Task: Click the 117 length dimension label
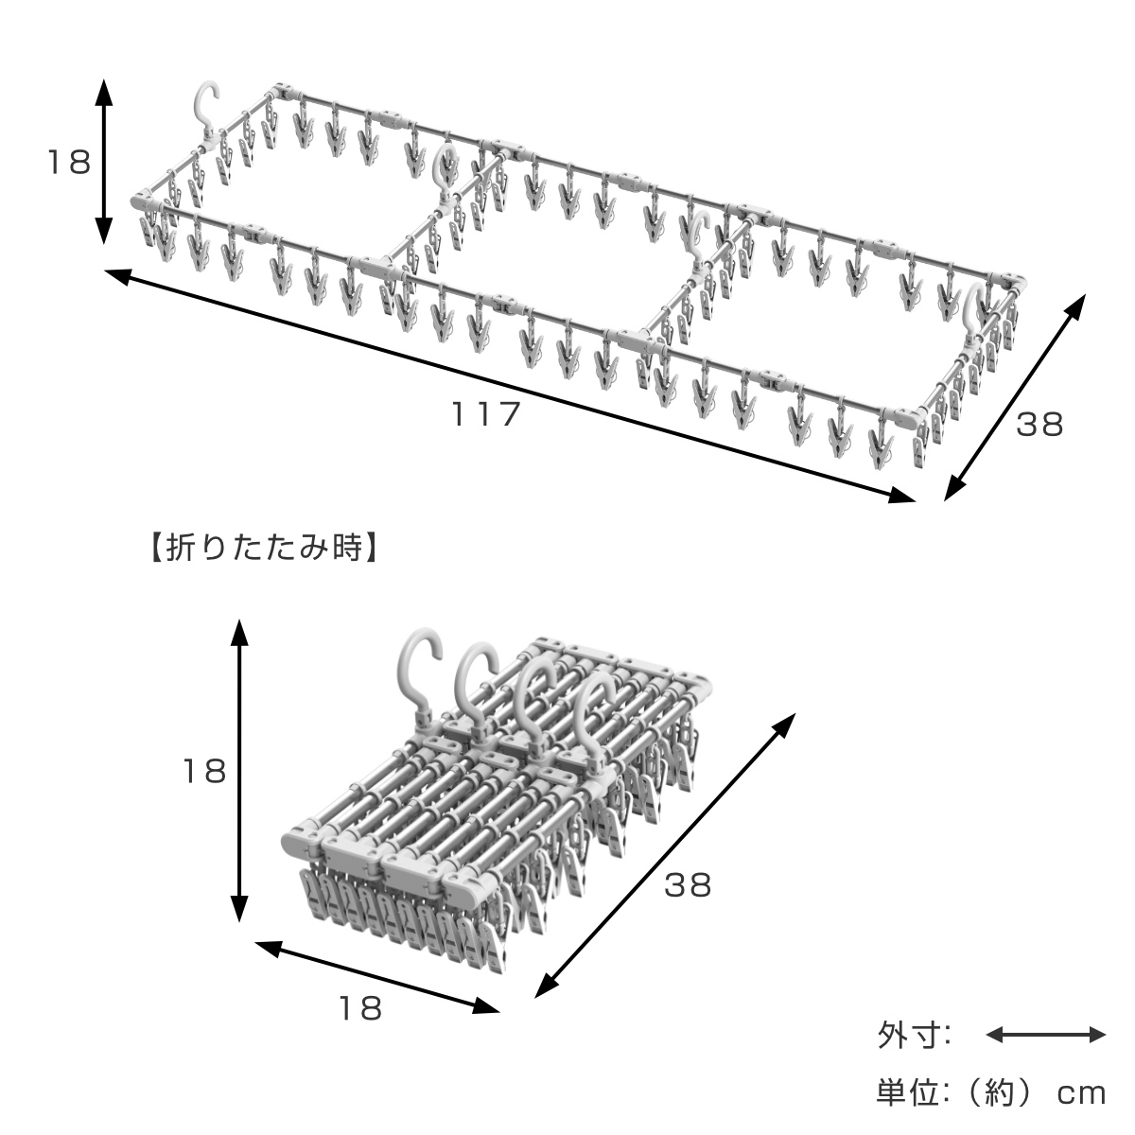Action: [x=486, y=414]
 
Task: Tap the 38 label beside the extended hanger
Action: [x=1039, y=425]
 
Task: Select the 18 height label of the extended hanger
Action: [x=69, y=163]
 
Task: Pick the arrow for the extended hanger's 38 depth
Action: [x=1015, y=396]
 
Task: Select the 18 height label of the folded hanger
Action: [x=204, y=771]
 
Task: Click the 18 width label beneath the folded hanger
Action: [x=360, y=1008]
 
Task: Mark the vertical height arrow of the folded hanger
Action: [x=240, y=771]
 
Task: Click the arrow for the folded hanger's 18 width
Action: [x=376, y=976]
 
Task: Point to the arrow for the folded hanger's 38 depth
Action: [x=664, y=855]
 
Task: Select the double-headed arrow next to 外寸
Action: [x=1045, y=1035]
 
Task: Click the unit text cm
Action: [x=1080, y=1094]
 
